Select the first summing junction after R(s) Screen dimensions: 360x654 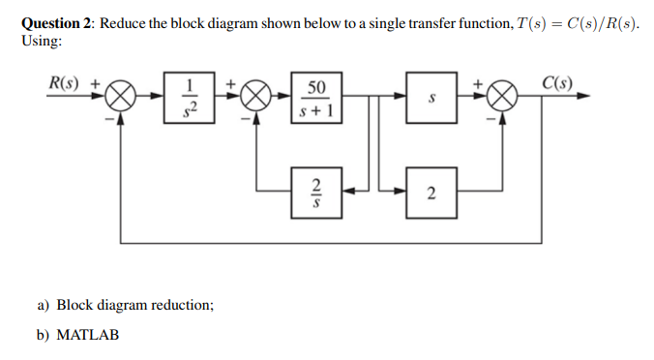point(121,99)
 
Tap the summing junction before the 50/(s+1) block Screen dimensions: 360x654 point(255,99)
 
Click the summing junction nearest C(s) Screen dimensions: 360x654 point(501,99)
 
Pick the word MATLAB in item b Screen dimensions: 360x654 point(88,335)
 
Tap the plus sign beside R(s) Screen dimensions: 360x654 point(95,83)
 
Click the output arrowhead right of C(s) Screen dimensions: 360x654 point(585,99)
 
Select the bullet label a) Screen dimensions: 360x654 point(45,305)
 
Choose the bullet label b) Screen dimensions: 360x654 point(45,335)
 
